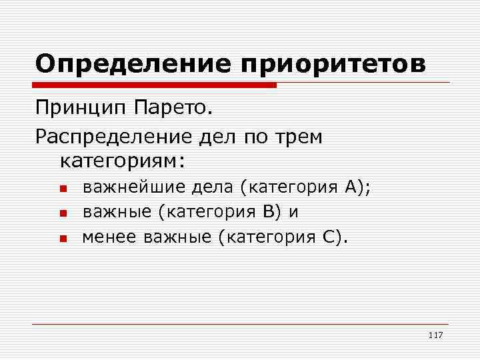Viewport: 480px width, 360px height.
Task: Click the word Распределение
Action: pos(113,137)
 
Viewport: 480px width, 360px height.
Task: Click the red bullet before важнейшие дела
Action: pos(62,189)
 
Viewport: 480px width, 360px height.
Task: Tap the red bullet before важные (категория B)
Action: pos(62,213)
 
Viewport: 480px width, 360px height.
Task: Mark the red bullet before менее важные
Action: pos(62,237)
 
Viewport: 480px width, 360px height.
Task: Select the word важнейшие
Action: pos(134,189)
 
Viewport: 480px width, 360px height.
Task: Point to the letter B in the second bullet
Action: pos(268,212)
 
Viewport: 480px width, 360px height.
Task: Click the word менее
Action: pos(105,237)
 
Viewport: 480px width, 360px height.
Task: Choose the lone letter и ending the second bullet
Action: pos(293,213)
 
